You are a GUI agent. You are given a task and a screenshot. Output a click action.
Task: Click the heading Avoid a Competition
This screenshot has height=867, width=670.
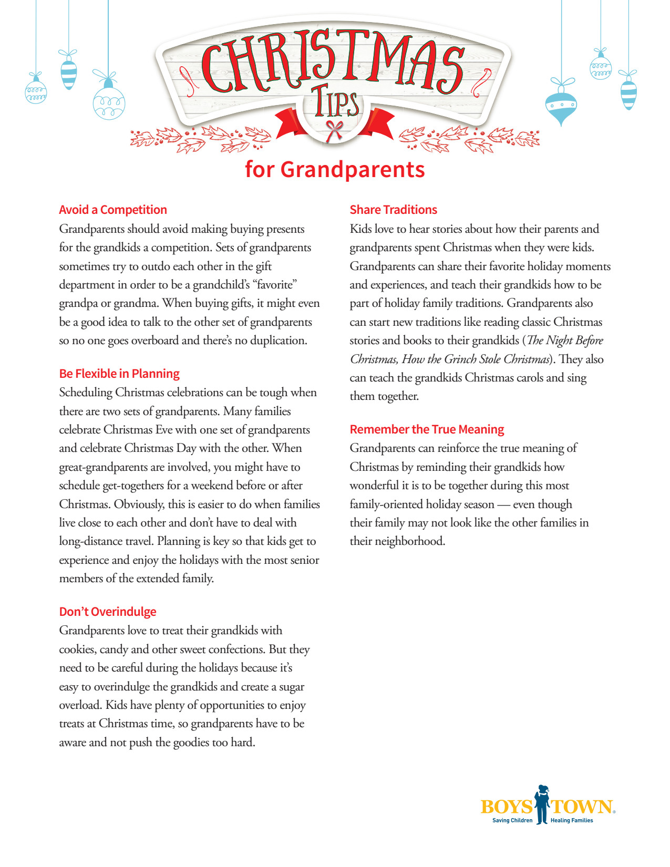[x=113, y=210]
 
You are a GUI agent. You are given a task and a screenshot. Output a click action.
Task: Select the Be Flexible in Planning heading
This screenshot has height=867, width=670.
[x=119, y=374]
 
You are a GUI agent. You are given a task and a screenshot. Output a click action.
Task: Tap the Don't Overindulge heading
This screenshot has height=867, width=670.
[x=108, y=612]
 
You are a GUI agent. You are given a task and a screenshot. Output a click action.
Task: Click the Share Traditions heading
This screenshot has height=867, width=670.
[x=394, y=210]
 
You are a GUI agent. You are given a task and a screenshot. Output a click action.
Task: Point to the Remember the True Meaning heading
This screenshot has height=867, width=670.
[x=427, y=429]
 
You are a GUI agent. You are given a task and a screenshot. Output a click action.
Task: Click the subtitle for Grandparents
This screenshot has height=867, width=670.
[x=335, y=170]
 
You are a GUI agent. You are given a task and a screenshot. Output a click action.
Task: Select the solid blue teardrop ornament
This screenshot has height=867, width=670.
[x=561, y=105]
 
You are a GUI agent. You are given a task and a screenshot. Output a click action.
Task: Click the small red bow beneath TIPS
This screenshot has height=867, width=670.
[x=334, y=129]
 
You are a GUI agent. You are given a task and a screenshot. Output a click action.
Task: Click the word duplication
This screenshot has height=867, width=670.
[x=279, y=340]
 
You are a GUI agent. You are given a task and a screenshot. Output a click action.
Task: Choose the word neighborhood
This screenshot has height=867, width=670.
[x=409, y=541]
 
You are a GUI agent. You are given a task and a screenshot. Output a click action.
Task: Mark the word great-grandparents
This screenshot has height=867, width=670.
[x=104, y=467]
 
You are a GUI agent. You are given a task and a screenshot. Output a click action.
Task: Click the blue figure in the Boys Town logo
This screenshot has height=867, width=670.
[x=542, y=804]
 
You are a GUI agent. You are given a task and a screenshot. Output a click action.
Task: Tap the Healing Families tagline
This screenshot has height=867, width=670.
[x=572, y=820]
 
